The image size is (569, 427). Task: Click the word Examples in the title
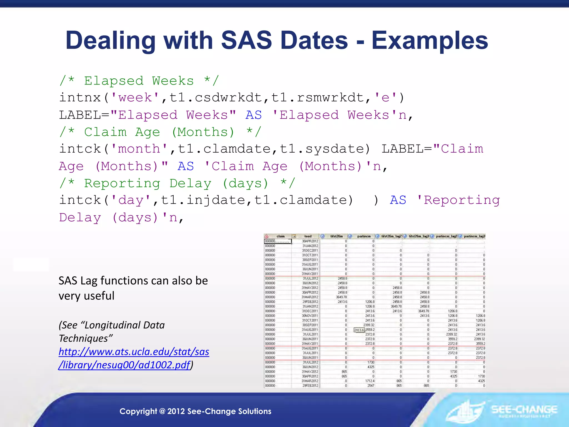pos(430,41)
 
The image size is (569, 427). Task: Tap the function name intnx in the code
pos(80,98)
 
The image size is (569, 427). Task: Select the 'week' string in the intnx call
pos(135,98)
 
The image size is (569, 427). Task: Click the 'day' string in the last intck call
pos(131,200)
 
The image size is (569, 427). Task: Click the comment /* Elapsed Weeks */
pos(139,81)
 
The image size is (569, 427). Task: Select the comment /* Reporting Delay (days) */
pos(177,183)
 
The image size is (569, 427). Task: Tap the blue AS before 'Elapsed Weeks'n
pos(253,115)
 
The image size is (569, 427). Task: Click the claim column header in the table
pos(280,236)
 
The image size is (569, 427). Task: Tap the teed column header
pos(308,236)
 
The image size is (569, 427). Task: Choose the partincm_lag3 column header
pos(474,236)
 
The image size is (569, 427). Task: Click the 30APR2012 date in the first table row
pos(310,241)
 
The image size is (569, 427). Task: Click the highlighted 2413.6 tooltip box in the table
pos(359,330)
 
